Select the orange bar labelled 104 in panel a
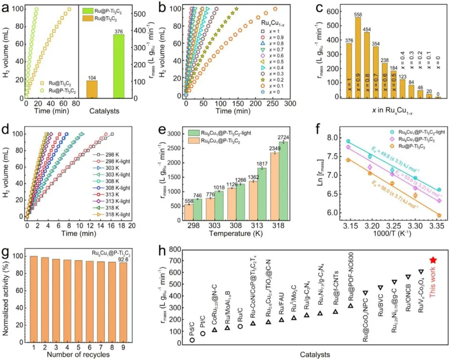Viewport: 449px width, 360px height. (x=92, y=89)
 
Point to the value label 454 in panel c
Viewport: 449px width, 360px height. (x=367, y=29)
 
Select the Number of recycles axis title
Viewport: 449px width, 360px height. (x=78, y=354)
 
